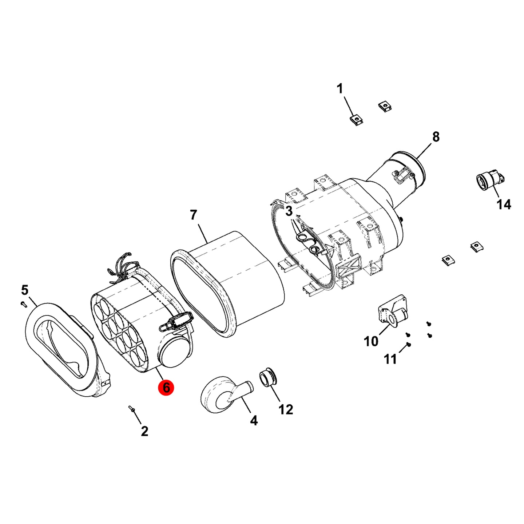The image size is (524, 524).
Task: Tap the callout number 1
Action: [x=340, y=89]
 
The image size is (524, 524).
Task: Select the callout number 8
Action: [x=436, y=137]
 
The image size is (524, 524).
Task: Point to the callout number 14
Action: [x=504, y=204]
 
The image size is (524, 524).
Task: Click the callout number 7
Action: [x=193, y=215]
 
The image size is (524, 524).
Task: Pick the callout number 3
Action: [x=289, y=211]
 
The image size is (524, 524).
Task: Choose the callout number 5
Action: [x=25, y=290]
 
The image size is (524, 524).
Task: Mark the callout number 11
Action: [x=390, y=359]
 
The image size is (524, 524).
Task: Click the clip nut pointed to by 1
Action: [x=356, y=120]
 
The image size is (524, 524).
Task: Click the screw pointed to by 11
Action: [x=409, y=345]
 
